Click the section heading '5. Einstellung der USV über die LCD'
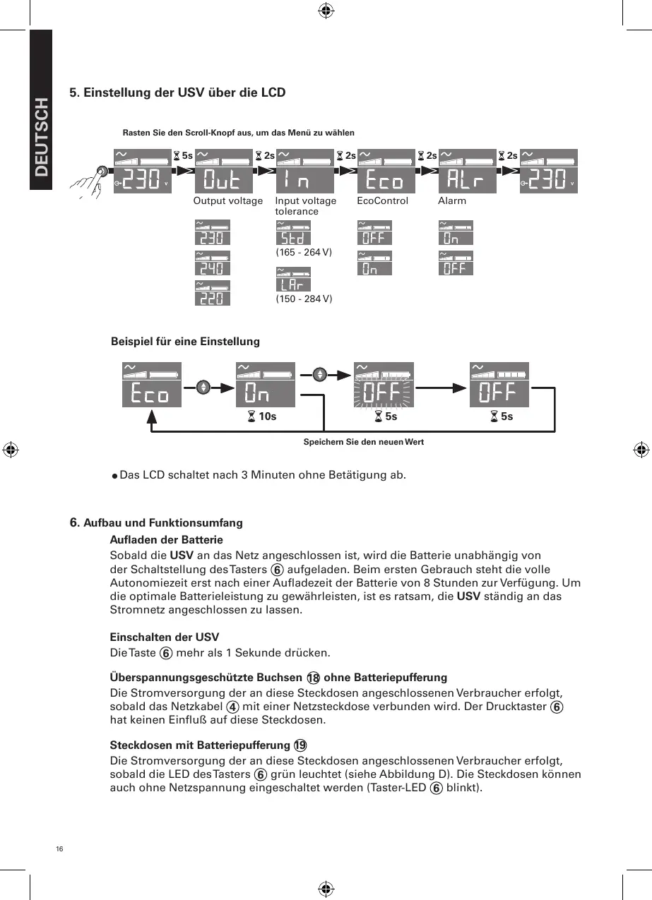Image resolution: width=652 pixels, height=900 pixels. click(177, 92)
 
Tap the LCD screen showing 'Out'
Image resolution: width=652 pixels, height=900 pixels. click(223, 172)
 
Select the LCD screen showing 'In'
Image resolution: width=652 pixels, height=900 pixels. click(304, 172)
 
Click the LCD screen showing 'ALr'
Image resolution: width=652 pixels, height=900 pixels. click(467, 172)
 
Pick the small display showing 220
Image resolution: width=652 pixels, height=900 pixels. click(212, 294)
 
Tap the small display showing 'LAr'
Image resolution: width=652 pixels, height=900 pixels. click(292, 280)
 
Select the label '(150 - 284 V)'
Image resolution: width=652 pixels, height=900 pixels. click(303, 299)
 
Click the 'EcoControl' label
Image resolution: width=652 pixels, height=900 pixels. click(382, 201)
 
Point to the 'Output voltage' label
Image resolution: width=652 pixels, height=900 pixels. click(227, 201)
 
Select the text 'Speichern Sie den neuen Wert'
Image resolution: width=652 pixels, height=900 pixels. click(363, 442)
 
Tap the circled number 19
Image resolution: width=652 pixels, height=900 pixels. click(300, 745)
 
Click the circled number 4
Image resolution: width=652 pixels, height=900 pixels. click(231, 707)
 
